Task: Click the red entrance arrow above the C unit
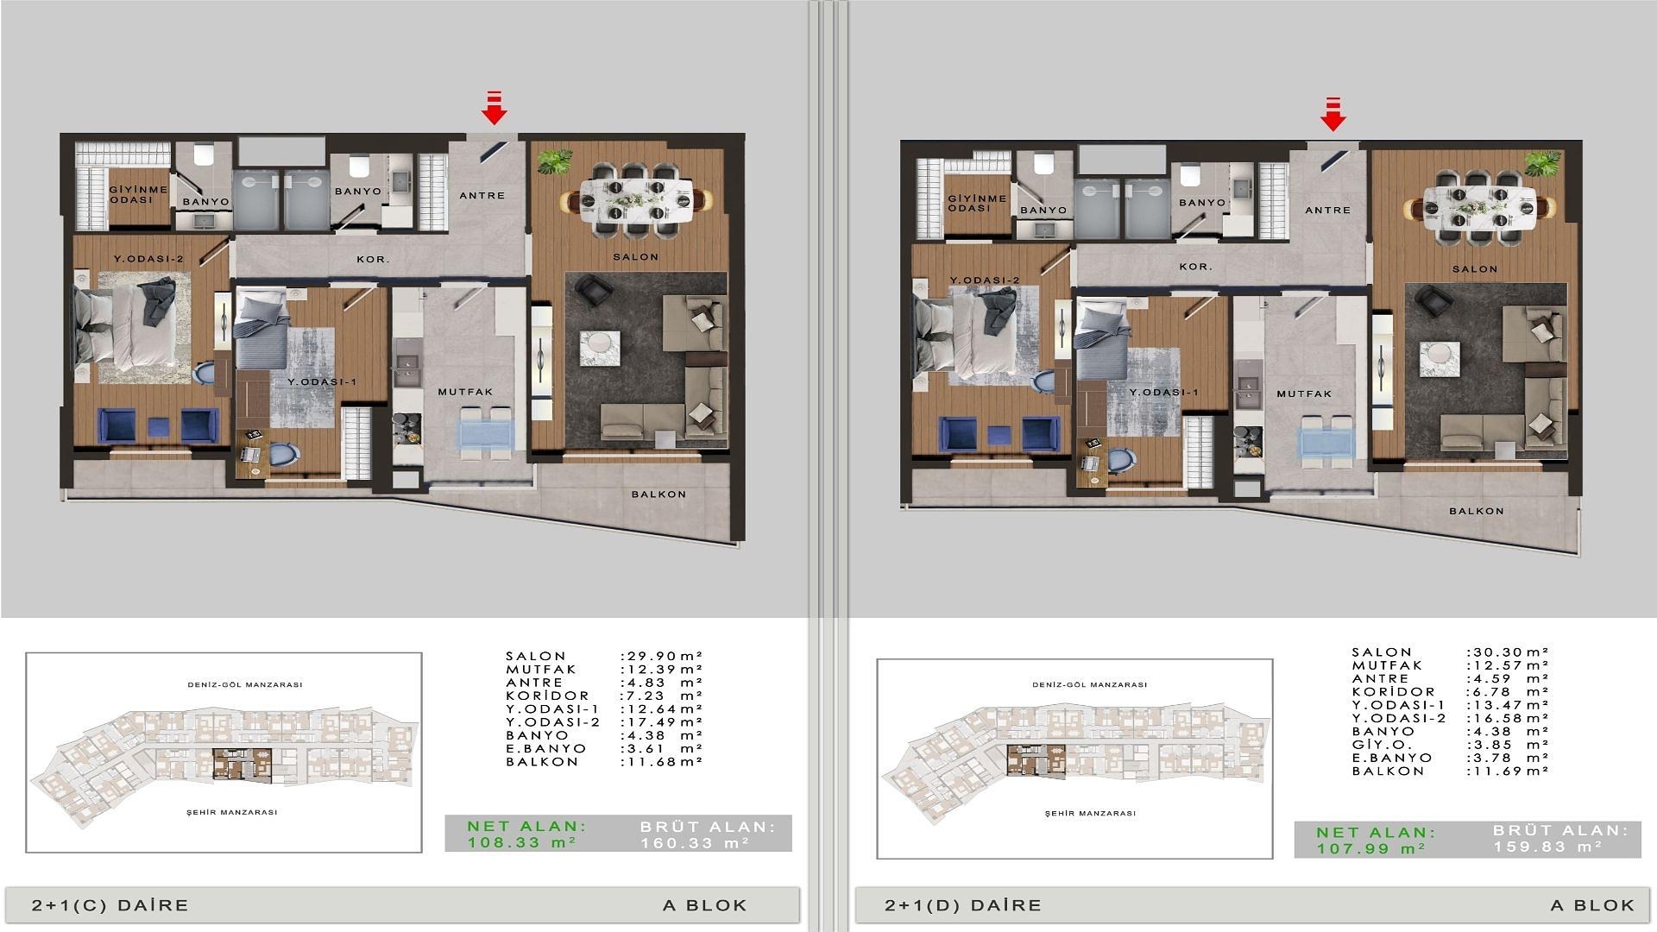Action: pos(494,108)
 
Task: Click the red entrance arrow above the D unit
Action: pos(1333,113)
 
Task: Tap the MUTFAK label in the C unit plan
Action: pos(465,392)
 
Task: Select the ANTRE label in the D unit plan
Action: pos(1328,210)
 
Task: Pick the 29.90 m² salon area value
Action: pos(662,656)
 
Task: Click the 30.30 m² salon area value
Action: pos(1508,652)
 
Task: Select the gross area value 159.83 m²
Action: pos(1547,847)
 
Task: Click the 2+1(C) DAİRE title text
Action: pos(110,905)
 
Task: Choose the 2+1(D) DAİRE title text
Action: pos(963,905)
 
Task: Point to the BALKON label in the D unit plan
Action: pos(1477,511)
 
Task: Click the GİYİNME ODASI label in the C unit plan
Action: pos(131,194)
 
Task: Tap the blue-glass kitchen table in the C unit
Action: pos(488,431)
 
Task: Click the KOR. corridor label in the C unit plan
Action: pos(374,259)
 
